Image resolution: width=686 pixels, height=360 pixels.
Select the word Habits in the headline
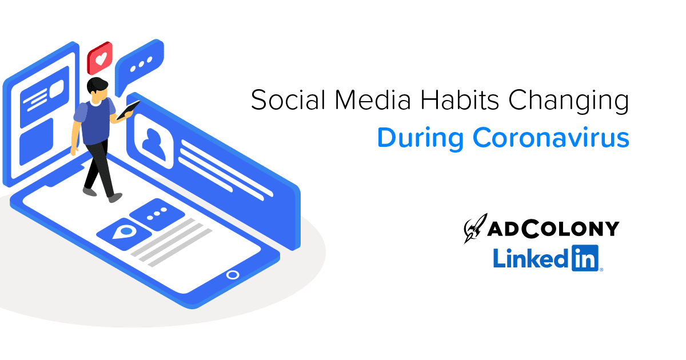tap(460, 100)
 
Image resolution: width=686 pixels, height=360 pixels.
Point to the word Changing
tap(569, 102)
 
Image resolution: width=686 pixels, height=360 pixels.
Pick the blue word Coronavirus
tap(551, 138)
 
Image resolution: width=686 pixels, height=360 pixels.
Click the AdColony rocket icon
tap(475, 229)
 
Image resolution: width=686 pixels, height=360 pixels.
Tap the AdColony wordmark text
tap(553, 229)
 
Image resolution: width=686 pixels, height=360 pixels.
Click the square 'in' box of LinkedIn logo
tap(585, 258)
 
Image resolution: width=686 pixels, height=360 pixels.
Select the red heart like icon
tap(100, 58)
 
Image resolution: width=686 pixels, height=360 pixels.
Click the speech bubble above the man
tap(139, 65)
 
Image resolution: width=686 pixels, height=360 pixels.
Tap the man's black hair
tap(97, 85)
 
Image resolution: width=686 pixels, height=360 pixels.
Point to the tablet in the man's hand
tap(128, 110)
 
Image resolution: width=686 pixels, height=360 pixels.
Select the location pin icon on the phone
tap(125, 233)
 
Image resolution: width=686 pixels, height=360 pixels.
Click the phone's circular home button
tap(233, 275)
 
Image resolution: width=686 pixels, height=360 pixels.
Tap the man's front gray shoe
tap(115, 198)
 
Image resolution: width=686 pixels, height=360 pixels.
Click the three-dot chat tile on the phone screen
tap(157, 214)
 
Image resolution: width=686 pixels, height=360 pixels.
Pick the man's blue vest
tap(96, 122)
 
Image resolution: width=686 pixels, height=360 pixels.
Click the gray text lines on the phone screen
tap(171, 243)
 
